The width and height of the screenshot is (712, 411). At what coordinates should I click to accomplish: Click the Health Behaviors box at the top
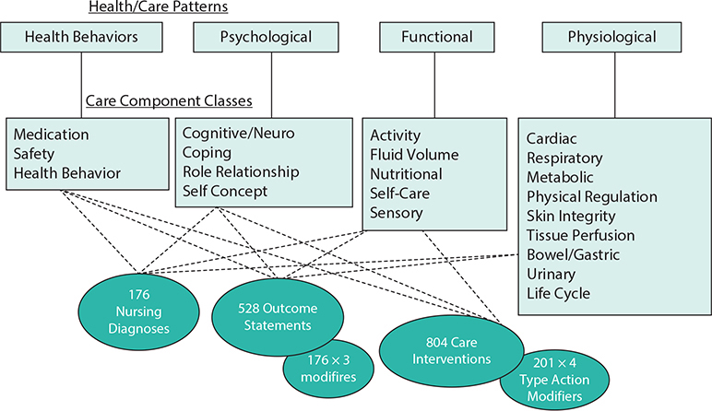82,38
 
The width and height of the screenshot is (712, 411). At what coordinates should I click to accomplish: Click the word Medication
52,135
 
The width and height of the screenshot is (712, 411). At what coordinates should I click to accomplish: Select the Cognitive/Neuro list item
238,135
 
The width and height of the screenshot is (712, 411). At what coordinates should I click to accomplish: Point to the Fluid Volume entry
414,155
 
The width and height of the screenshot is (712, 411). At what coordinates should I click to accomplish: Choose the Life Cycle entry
558,294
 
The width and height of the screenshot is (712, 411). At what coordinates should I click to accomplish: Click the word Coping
207,153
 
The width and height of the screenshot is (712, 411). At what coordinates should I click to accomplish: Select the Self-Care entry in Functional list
401,194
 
